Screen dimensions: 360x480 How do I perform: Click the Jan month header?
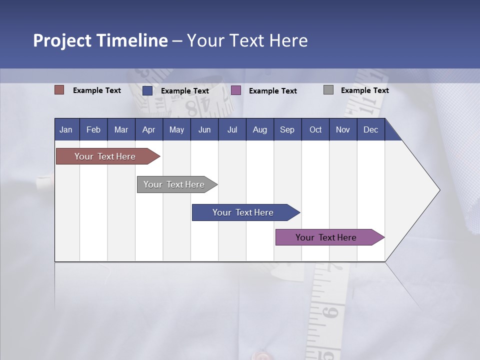66,129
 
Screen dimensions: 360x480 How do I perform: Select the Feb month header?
93,129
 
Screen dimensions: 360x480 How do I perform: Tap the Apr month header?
149,129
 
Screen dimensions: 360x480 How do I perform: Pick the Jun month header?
204,129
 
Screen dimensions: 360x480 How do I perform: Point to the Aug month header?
260,129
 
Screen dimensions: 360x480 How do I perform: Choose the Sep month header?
287,129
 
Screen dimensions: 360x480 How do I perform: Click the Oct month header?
315,129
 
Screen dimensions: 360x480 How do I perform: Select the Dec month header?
371,129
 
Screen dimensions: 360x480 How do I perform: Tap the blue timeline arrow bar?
243,212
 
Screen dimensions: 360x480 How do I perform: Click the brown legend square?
59,90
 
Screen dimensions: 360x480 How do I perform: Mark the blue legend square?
147,90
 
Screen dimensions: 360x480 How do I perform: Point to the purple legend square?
236,90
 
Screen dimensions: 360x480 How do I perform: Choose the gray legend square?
328,90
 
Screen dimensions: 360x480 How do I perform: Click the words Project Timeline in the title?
100,40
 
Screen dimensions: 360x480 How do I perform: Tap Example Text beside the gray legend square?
365,90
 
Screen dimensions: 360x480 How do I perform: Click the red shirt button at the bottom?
261,355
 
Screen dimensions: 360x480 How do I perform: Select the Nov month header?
343,129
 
